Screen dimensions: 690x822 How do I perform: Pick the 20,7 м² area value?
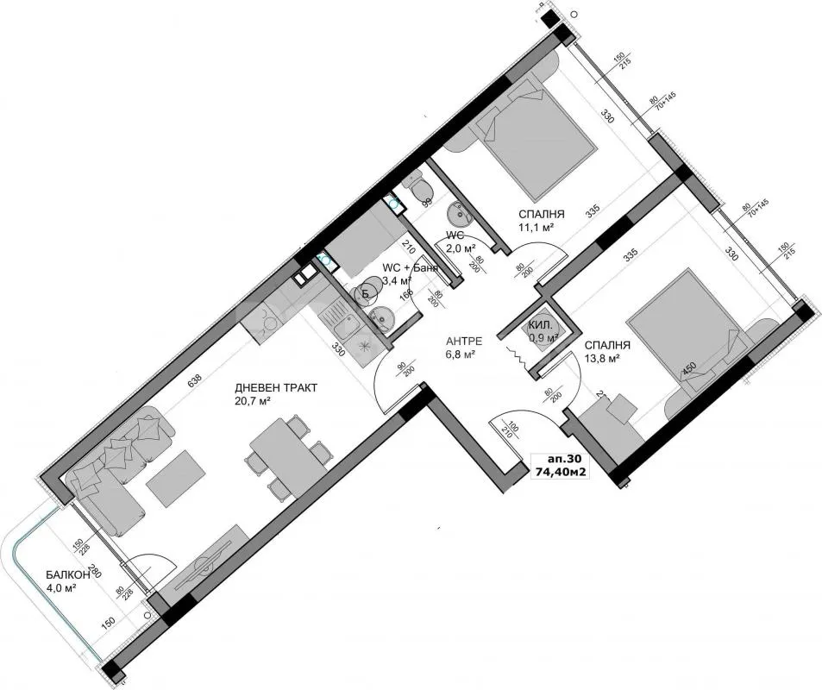click(x=254, y=402)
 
